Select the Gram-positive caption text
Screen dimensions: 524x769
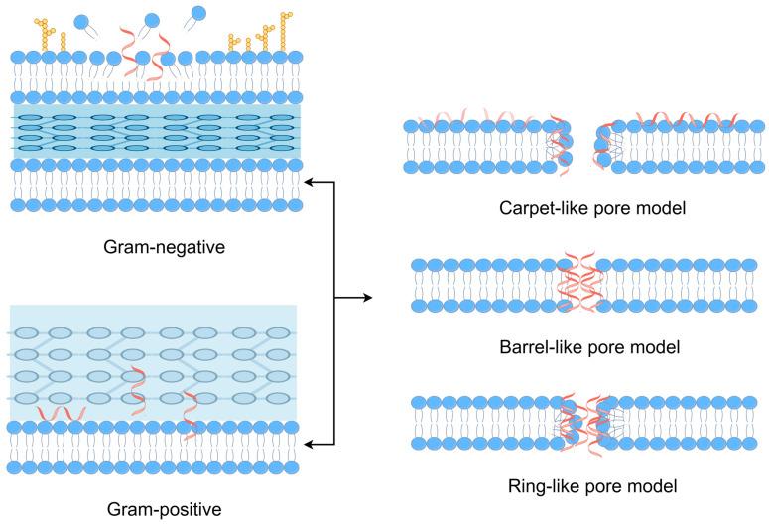coord(153,509)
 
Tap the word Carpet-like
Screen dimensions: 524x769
coord(537,209)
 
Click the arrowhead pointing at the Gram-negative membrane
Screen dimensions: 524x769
coord(308,182)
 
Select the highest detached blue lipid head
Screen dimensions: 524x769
coord(198,13)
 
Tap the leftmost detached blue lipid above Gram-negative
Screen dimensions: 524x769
coord(80,22)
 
